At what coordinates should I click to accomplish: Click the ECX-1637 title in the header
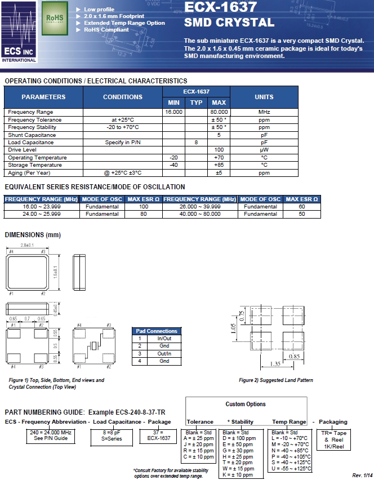pos(221,7)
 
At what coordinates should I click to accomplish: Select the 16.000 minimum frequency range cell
pos(173,112)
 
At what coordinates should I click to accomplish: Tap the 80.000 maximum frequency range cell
pos(218,112)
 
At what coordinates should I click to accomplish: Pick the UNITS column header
pos(264,97)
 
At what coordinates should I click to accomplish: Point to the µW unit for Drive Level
pos(264,150)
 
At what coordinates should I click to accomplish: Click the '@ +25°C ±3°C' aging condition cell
pos(123,172)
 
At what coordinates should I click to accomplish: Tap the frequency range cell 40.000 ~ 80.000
pos(200,214)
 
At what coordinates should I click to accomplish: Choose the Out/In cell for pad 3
pos(164,353)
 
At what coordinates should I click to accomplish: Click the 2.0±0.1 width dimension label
pos(27,246)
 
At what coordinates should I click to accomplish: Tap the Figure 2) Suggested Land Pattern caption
pos(275,380)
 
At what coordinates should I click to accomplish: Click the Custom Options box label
pos(246,404)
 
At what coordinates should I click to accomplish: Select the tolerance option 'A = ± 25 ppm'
pos(200,437)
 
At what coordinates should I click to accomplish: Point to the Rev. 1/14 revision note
pos(362,475)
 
